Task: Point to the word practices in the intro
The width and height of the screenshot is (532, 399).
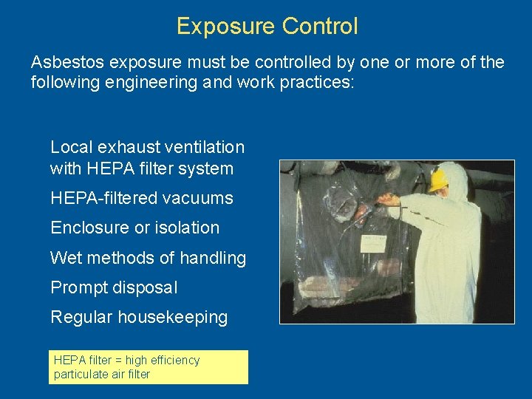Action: click(x=319, y=81)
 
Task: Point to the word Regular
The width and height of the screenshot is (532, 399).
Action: click(x=82, y=317)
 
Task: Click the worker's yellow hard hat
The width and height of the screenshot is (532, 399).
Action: click(x=439, y=179)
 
